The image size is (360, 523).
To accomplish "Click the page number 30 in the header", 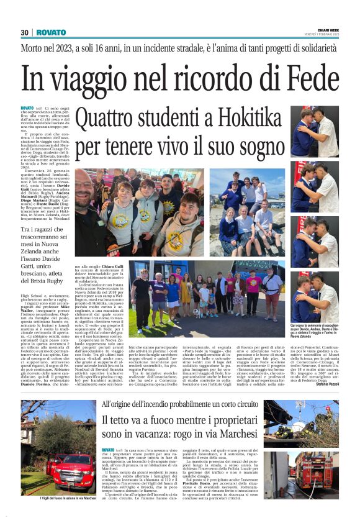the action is [25, 32].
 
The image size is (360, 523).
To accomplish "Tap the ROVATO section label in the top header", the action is [51, 32].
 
